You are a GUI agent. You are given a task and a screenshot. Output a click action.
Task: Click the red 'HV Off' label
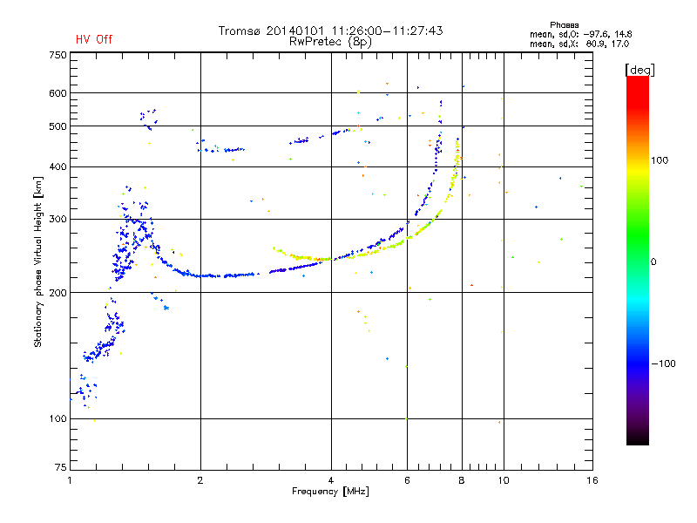(x=93, y=39)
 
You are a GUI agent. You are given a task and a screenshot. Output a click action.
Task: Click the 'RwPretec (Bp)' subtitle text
(x=330, y=41)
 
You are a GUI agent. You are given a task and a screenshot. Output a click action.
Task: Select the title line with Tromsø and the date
(x=330, y=31)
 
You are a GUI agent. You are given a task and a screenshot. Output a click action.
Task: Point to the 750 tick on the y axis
(x=58, y=55)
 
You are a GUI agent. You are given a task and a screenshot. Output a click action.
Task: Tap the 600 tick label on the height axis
(x=58, y=93)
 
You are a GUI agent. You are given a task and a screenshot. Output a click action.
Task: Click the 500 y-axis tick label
(x=58, y=126)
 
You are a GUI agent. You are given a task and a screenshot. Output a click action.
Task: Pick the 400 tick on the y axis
(x=58, y=166)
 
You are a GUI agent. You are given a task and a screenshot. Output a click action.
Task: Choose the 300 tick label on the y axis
(x=58, y=219)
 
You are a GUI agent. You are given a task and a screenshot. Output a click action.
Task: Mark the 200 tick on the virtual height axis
(x=58, y=293)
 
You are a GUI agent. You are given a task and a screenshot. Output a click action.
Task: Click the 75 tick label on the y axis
(x=60, y=468)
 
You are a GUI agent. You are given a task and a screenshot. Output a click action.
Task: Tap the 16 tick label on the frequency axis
(x=591, y=480)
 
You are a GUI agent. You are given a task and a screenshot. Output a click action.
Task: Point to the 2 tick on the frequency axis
(x=200, y=480)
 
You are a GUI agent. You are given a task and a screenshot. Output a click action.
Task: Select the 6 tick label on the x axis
(x=407, y=480)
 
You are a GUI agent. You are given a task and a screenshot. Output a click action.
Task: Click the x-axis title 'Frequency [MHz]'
(x=330, y=492)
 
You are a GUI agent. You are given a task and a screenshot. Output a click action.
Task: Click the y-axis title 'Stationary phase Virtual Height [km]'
(x=38, y=262)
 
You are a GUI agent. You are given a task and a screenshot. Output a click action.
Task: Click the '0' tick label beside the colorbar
(x=655, y=261)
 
